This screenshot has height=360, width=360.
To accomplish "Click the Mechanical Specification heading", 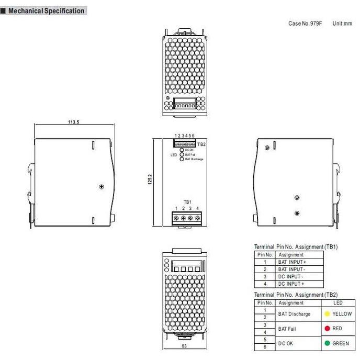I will click(x=46, y=11).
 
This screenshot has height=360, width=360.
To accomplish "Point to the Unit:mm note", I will click(x=342, y=24).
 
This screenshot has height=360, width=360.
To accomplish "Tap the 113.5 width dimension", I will click(x=74, y=122).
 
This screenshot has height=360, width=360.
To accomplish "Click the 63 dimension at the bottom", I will click(x=183, y=346).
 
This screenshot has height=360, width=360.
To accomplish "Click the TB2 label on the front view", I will click(x=201, y=144).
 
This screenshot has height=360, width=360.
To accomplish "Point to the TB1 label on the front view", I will click(x=187, y=202).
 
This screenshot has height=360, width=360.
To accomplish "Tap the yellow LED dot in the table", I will click(x=327, y=314).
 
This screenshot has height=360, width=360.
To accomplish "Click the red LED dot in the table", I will click(x=327, y=329).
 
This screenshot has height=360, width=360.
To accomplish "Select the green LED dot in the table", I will click(x=327, y=344).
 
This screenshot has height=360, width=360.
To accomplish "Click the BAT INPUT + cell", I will click(x=292, y=262).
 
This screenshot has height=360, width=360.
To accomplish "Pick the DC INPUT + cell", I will click(x=291, y=284).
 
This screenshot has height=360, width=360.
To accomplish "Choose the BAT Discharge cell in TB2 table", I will click(x=294, y=314).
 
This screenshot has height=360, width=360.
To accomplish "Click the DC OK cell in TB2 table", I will click(x=286, y=344).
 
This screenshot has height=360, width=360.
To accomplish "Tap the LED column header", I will click(x=339, y=303).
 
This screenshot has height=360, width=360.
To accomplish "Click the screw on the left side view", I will click(x=102, y=186).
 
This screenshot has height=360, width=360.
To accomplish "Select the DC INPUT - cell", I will click(x=291, y=276).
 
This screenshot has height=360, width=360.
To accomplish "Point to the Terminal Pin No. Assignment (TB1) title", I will click(x=296, y=246).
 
